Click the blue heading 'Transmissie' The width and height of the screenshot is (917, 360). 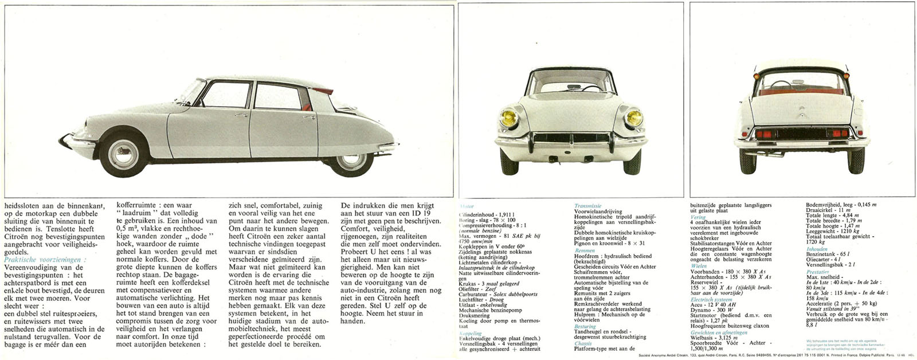(x=587, y=205)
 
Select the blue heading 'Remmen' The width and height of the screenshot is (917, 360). (x=585, y=251)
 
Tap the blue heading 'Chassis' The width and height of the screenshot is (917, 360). (x=583, y=343)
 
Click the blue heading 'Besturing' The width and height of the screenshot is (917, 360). (x=586, y=326)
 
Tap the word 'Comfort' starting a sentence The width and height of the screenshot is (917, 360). (x=355, y=228)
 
